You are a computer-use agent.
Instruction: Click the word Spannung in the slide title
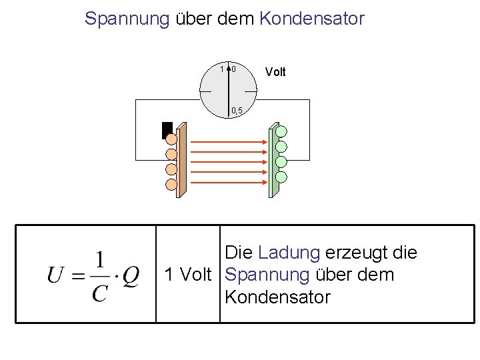pyautogui.click(x=127, y=19)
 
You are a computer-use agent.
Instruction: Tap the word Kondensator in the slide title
pyautogui.click(x=311, y=19)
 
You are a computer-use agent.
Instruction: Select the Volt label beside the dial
pyautogui.click(x=275, y=72)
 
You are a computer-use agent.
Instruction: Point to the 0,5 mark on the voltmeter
pyautogui.click(x=237, y=110)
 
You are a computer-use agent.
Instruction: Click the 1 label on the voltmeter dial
pyautogui.click(x=222, y=69)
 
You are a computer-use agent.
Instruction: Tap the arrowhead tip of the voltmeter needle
pyautogui.click(x=229, y=67)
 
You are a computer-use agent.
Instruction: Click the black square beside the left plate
pyautogui.click(x=167, y=129)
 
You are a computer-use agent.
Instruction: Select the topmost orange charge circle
pyautogui.click(x=171, y=139)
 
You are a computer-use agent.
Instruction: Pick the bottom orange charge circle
pyautogui.click(x=171, y=184)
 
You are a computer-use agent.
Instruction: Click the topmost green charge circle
pyautogui.click(x=281, y=131)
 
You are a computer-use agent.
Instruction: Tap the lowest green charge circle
pyautogui.click(x=281, y=177)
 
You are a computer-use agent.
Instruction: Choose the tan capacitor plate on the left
pyautogui.click(x=181, y=161)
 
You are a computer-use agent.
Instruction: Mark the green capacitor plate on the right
pyautogui.click(x=273, y=161)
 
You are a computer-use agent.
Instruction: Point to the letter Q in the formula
pyautogui.click(x=131, y=275)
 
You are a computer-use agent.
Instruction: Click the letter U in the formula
pyautogui.click(x=56, y=275)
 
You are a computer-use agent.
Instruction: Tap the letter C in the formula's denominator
pyautogui.click(x=99, y=293)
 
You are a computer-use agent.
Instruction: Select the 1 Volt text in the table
pyautogui.click(x=187, y=275)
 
